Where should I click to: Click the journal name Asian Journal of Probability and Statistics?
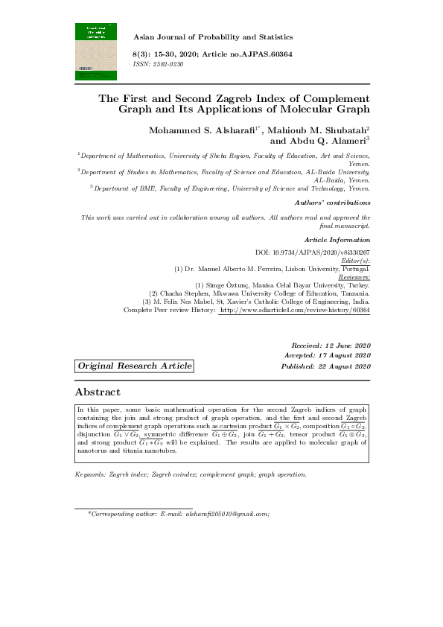[212, 36]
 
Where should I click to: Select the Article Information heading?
[337, 239]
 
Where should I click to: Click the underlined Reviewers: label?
[354, 276]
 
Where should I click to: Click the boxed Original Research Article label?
[135, 366]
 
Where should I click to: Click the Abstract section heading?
[98, 392]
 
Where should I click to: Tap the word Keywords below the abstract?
[91, 474]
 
